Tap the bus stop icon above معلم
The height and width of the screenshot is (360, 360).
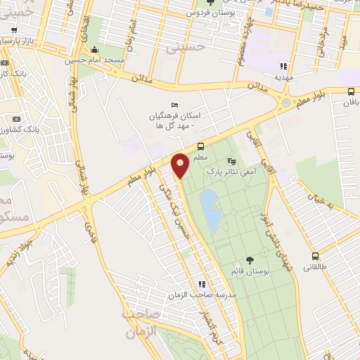(200, 146)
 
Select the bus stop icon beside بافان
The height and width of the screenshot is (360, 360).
(351, 91)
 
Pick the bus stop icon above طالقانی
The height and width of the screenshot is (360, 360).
(315, 257)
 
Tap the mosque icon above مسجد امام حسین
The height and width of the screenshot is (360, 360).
(95, 49)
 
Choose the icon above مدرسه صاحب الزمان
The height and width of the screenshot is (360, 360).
(202, 285)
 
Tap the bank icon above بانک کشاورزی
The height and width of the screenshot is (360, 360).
(17, 119)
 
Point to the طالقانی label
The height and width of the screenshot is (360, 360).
(315, 267)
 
